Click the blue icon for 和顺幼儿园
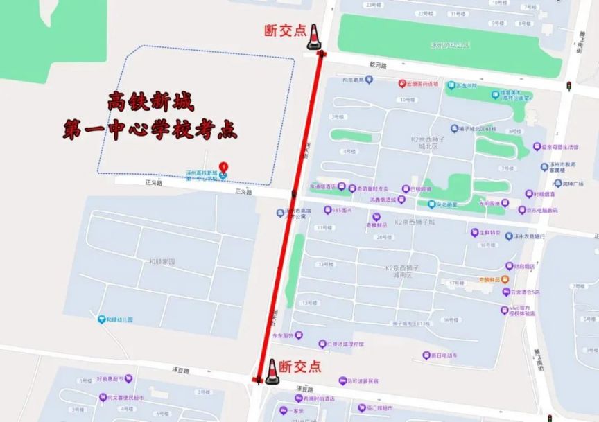pos(101,319)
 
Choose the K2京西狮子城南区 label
pos(408,272)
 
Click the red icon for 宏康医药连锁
pos(401,83)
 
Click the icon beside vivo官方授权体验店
pos(504,310)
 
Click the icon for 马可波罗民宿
pos(342,380)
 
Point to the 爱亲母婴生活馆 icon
pos(536,146)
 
